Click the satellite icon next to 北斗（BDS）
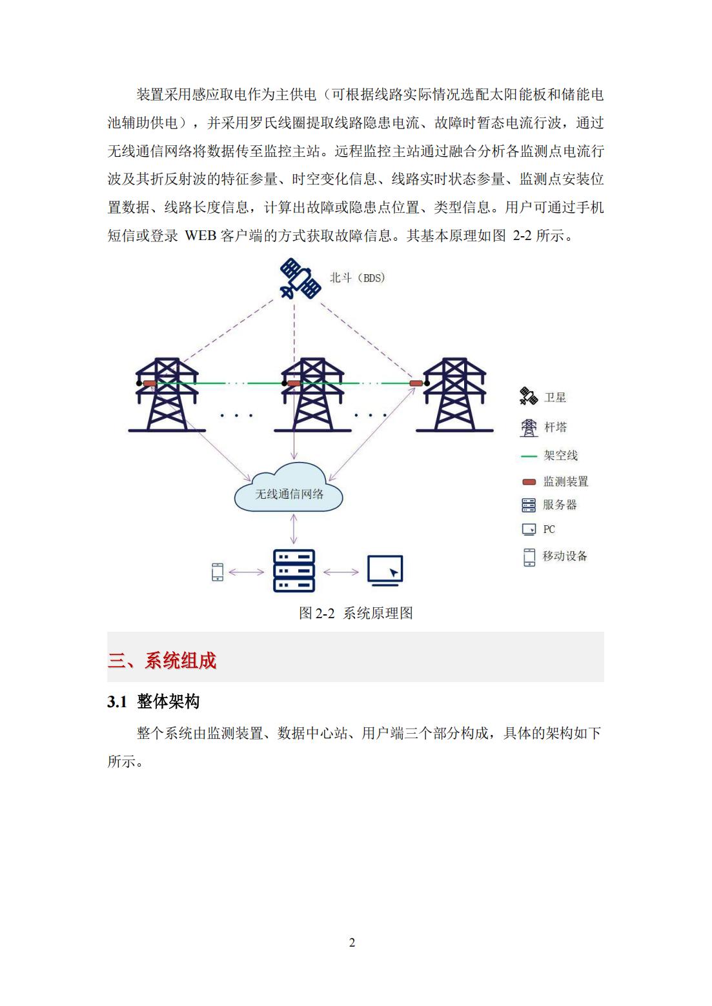[x=300, y=279]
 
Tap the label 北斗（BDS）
[x=358, y=278]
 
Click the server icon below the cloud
[x=294, y=570]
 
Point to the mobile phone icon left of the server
[x=218, y=572]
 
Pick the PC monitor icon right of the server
[x=385, y=570]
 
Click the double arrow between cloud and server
[x=294, y=529]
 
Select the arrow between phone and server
[x=246, y=572]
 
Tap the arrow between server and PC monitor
[x=341, y=572]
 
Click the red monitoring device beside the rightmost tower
[x=416, y=383]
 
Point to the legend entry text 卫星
[x=554, y=397]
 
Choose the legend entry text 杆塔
[x=555, y=427]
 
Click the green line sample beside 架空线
[x=529, y=456]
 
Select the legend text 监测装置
[x=565, y=481]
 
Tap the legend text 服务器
[x=560, y=505]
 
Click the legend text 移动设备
[x=565, y=556]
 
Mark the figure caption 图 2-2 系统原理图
[x=356, y=612]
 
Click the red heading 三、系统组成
[x=162, y=661]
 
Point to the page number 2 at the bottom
[x=352, y=942]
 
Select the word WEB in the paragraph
[x=200, y=236]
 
